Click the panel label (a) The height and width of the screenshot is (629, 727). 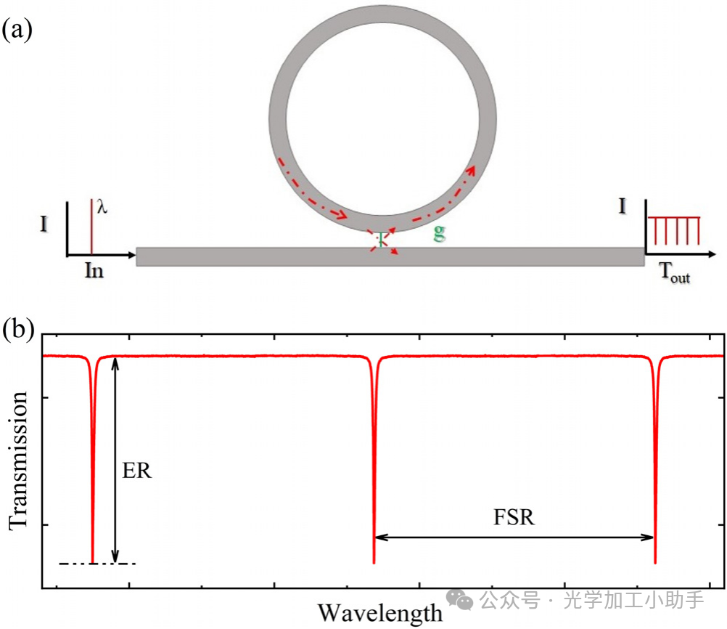click(17, 30)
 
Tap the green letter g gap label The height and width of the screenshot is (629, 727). click(439, 233)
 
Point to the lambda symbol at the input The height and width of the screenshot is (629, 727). click(102, 206)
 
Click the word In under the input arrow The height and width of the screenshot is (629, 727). click(94, 270)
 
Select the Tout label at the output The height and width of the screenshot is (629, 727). click(675, 272)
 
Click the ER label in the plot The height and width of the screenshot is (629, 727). click(137, 471)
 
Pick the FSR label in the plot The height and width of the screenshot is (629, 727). click(514, 517)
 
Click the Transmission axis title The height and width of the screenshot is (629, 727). click(19, 460)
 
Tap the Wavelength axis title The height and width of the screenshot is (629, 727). click(379, 613)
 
